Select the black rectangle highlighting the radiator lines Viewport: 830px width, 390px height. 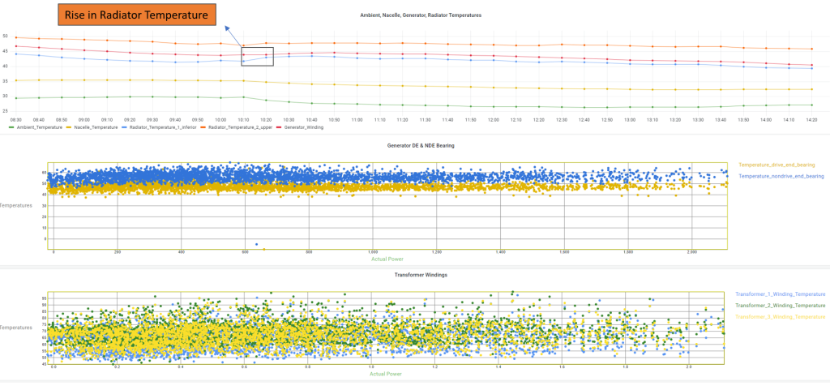(258, 56)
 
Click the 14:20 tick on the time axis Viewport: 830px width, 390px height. (811, 120)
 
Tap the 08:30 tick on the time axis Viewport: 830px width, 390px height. (15, 120)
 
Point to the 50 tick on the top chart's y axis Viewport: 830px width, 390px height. (5, 36)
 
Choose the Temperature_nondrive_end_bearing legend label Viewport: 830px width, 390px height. (781, 176)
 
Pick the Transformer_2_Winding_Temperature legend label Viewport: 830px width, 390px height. (780, 305)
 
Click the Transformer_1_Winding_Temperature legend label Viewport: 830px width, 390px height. (780, 294)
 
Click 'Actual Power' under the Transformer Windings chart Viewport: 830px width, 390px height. (386, 375)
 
